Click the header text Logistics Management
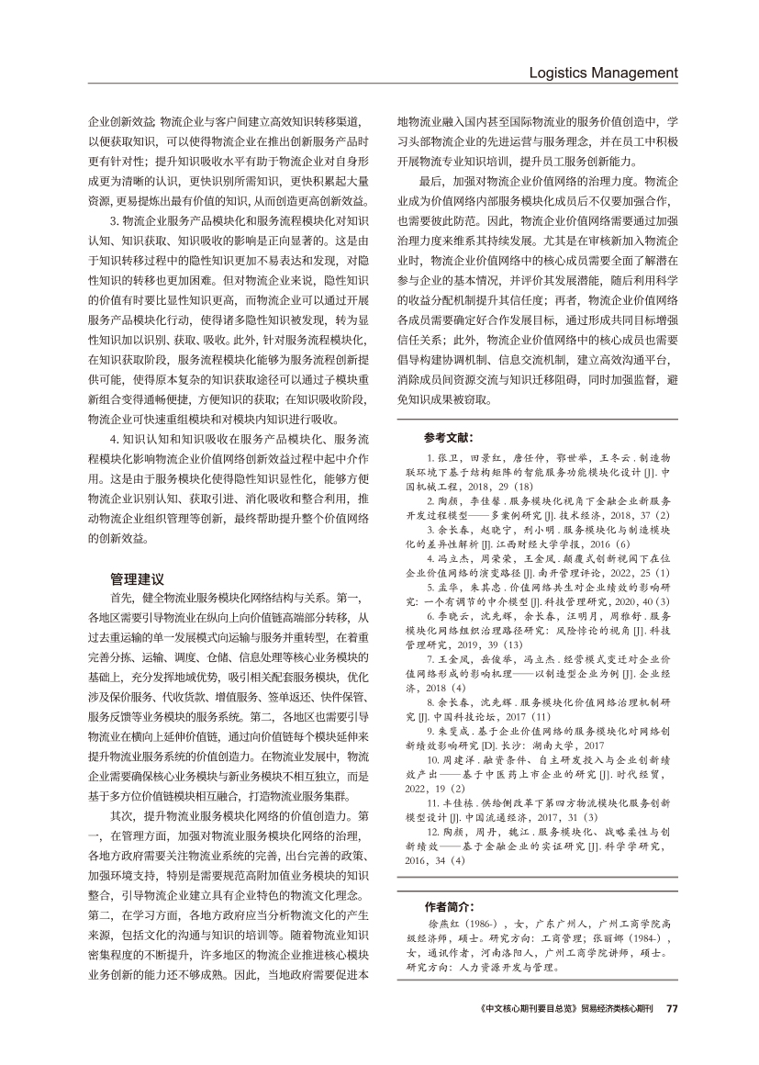point(606,73)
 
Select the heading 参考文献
point(451,437)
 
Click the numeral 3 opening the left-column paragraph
point(112,221)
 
